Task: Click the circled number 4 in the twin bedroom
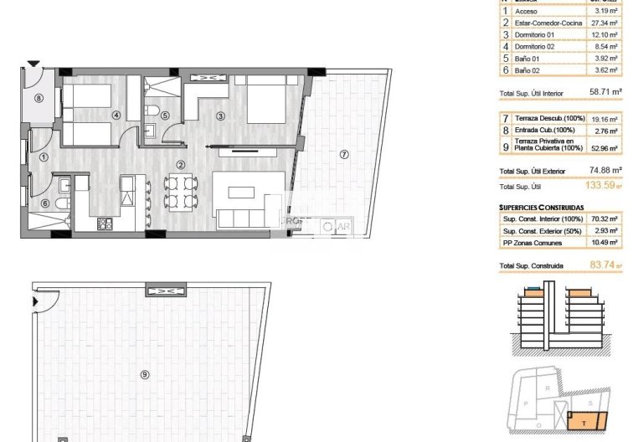[x=116, y=116]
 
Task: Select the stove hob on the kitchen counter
[x=105, y=224]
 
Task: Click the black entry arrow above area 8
[x=33, y=63]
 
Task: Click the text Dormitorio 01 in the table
[x=536, y=35]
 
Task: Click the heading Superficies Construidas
[x=542, y=206]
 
